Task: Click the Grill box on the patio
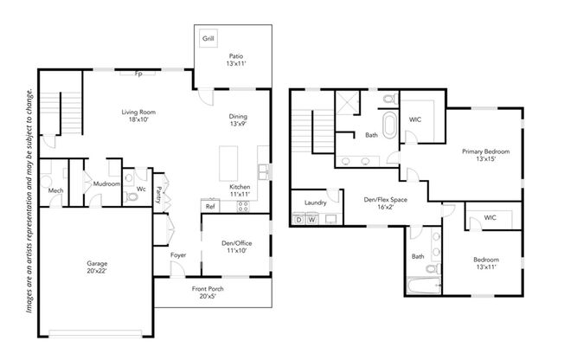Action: pyautogui.click(x=208, y=38)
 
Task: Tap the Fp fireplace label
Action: pyautogui.click(x=138, y=74)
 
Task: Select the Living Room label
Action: pyautogui.click(x=138, y=116)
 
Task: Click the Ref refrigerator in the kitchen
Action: pyautogui.click(x=210, y=206)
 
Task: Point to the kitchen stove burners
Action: pyautogui.click(x=243, y=206)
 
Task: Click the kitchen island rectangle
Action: pyautogui.click(x=228, y=164)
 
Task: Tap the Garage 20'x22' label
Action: pyautogui.click(x=97, y=267)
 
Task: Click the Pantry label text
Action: pyautogui.click(x=158, y=195)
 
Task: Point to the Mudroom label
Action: pyautogui.click(x=106, y=184)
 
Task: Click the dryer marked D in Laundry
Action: pyautogui.click(x=299, y=219)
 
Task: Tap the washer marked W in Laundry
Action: pyautogui.click(x=312, y=219)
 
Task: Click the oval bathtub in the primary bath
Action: pyautogui.click(x=389, y=125)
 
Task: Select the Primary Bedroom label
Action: pyautogui.click(x=486, y=155)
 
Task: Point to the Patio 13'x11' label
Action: pyautogui.click(x=236, y=60)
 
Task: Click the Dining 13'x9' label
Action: pyautogui.click(x=238, y=120)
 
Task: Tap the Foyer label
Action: pyautogui.click(x=178, y=255)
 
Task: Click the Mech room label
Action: pyautogui.click(x=55, y=190)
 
